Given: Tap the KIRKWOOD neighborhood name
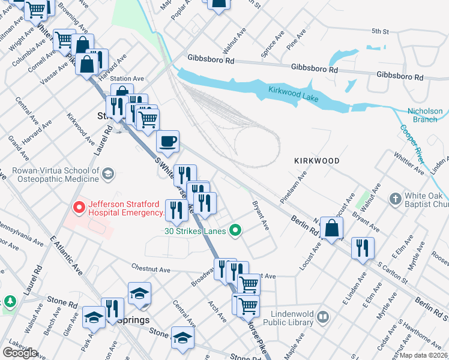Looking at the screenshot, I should (x=317, y=161).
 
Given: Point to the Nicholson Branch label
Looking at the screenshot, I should (x=425, y=115).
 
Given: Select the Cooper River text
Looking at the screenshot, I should (x=412, y=145).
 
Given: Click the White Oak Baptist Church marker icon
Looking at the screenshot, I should (x=395, y=198).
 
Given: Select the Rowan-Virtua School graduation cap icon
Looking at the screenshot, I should (x=107, y=175).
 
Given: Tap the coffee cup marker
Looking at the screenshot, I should (x=167, y=141).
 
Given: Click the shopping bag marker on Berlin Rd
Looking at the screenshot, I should (x=331, y=228).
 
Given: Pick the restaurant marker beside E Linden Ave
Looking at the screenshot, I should (x=363, y=248).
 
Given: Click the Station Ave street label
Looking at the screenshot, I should (x=127, y=79).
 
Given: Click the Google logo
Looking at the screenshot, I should (x=20, y=353).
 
